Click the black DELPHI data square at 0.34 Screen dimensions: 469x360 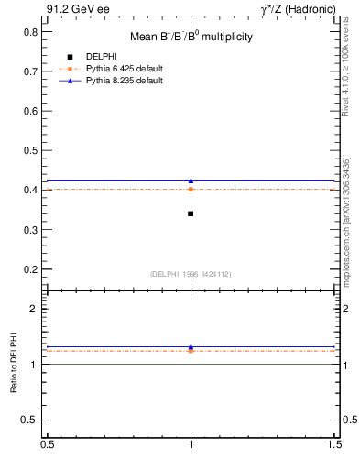pos(191,213)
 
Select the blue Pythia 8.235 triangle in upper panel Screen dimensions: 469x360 pos(191,180)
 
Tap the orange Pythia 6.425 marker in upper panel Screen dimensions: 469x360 pos(191,189)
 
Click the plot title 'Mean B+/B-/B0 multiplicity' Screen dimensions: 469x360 pos(191,37)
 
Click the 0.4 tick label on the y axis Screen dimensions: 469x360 pos(31,190)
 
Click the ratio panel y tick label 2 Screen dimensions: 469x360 pos(36,310)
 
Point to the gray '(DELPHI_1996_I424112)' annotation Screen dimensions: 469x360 pos(191,273)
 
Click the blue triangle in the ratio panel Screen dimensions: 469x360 pos(191,347)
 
